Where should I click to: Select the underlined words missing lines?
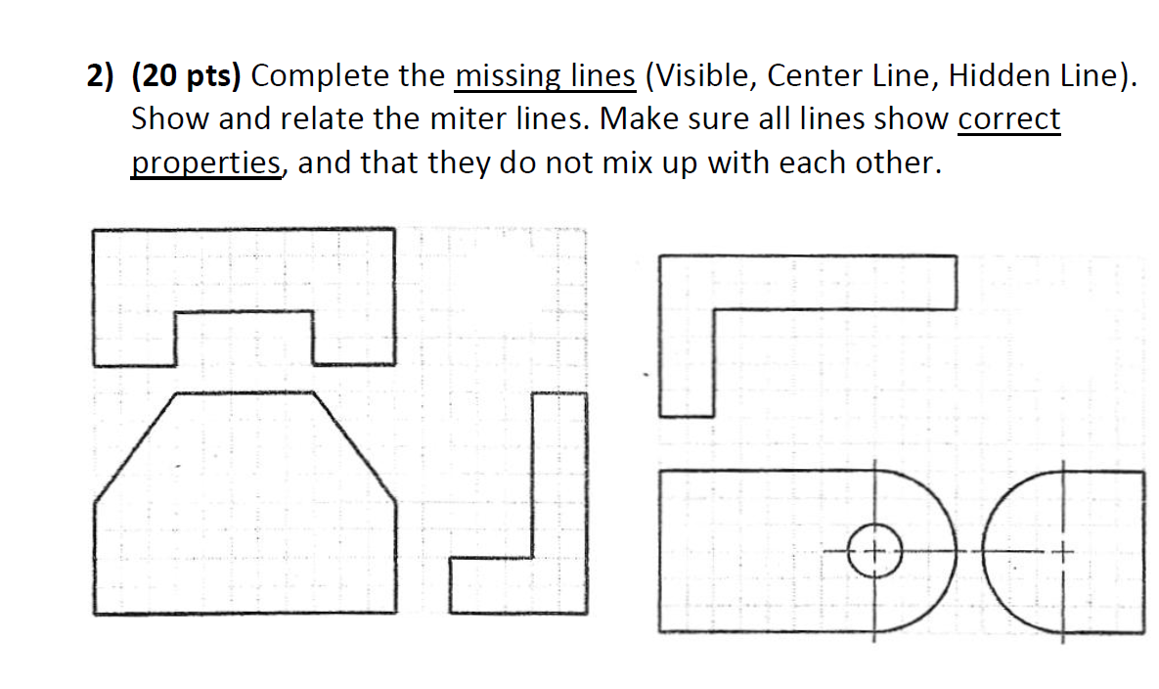coord(546,76)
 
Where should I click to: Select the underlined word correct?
coord(1008,119)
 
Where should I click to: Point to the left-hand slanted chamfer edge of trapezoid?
coord(136,446)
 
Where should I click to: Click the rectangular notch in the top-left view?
coord(245,338)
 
